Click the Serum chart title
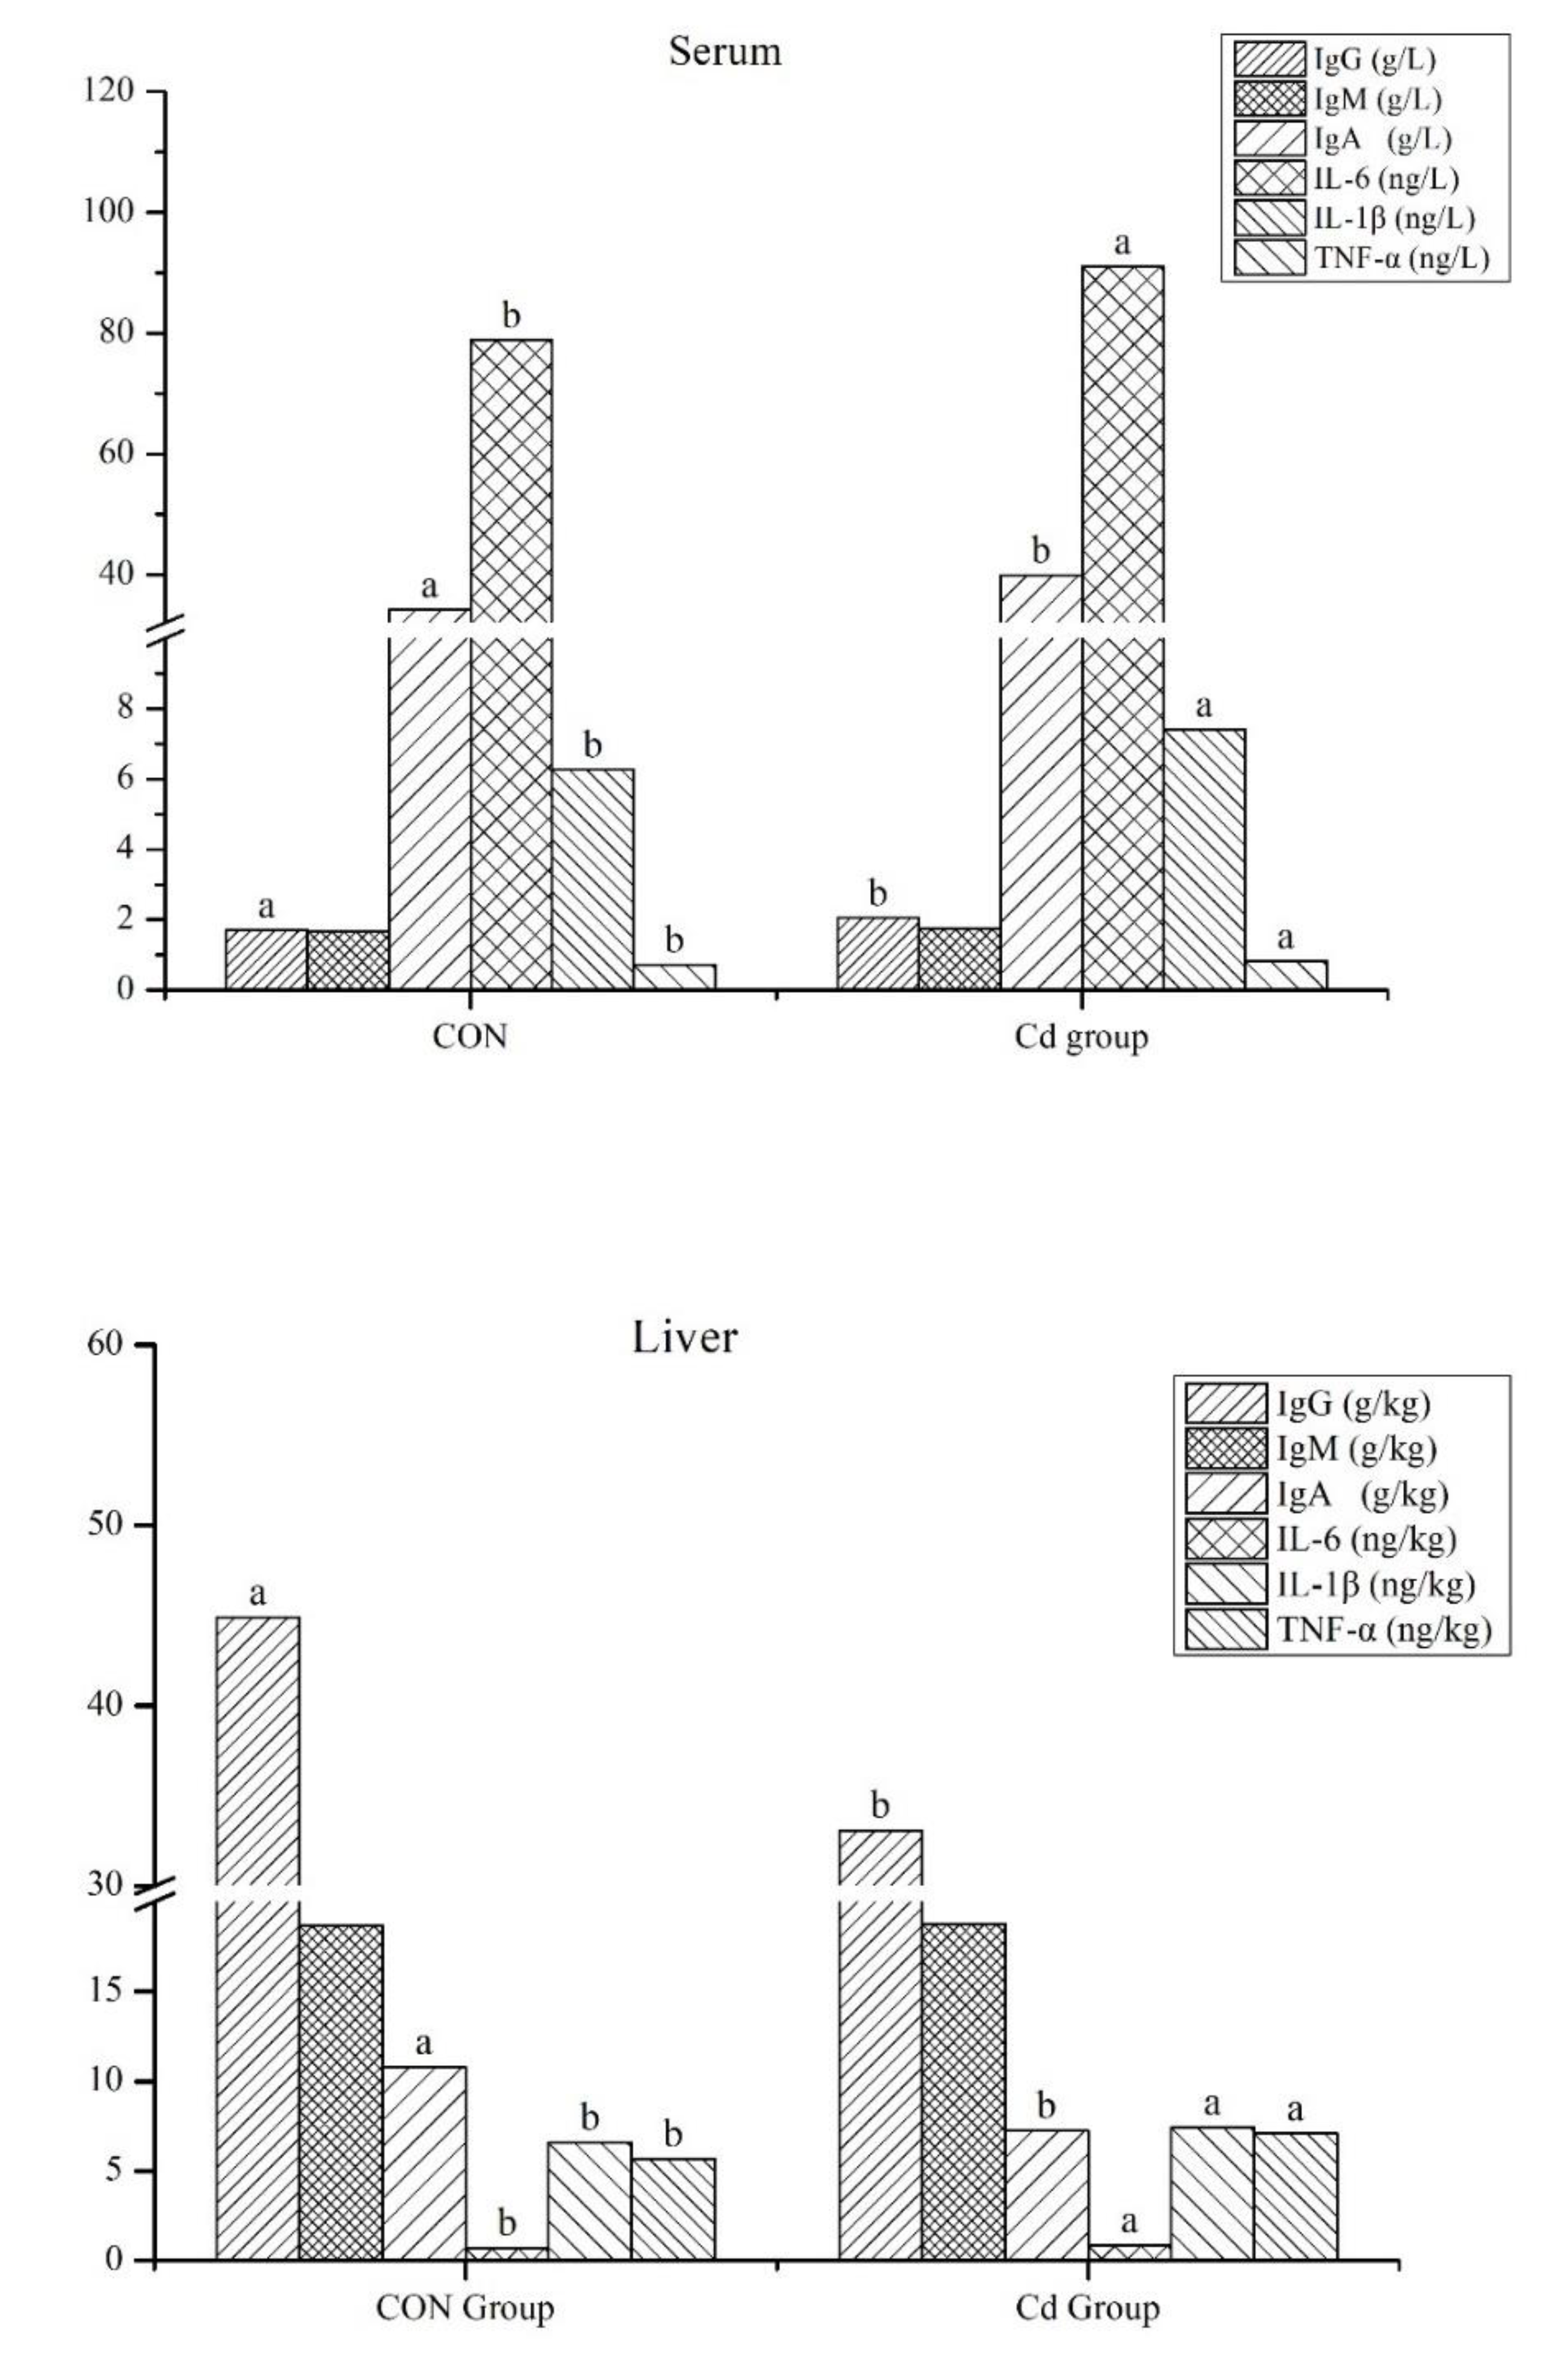point(725,51)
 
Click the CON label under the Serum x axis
point(470,1036)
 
